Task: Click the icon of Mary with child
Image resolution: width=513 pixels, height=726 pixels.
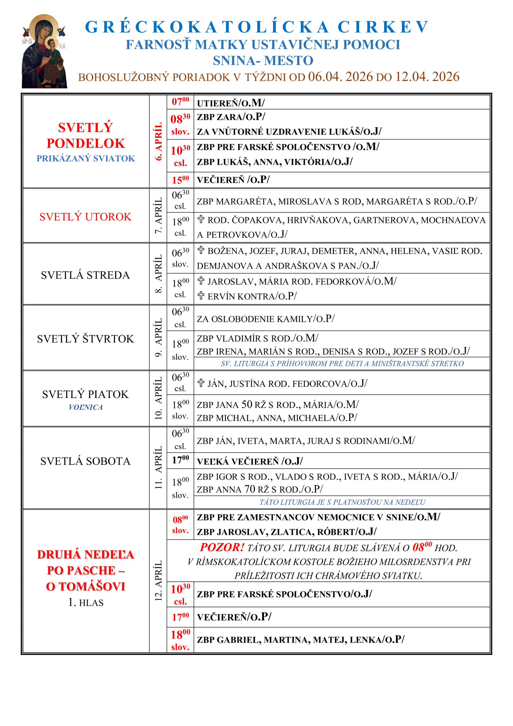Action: coord(44,51)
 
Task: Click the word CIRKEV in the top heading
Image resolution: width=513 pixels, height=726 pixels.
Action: coord(383,27)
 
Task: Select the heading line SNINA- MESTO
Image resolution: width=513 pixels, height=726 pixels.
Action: coord(263,60)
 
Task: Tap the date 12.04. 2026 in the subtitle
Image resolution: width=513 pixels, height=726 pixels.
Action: coord(427,77)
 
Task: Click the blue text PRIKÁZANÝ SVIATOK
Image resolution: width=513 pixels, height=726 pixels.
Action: coord(86,159)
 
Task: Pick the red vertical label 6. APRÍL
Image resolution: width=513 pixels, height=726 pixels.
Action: coord(158,141)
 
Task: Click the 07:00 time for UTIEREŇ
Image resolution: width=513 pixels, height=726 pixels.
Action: coord(180,102)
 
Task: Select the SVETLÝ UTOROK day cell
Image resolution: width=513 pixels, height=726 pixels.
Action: coord(85,217)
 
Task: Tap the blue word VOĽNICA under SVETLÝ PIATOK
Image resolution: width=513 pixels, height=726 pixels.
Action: coord(86,407)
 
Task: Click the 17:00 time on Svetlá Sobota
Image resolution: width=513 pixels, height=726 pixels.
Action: coord(180,460)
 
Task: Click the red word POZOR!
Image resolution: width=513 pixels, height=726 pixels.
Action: coord(222,547)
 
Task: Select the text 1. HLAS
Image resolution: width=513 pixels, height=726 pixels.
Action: coord(86,603)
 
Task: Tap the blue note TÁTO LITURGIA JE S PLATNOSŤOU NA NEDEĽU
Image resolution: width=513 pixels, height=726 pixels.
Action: coord(342,502)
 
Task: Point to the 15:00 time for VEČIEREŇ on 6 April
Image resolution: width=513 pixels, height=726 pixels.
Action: coord(180,180)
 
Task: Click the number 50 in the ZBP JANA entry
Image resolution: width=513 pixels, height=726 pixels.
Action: coord(247,404)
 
